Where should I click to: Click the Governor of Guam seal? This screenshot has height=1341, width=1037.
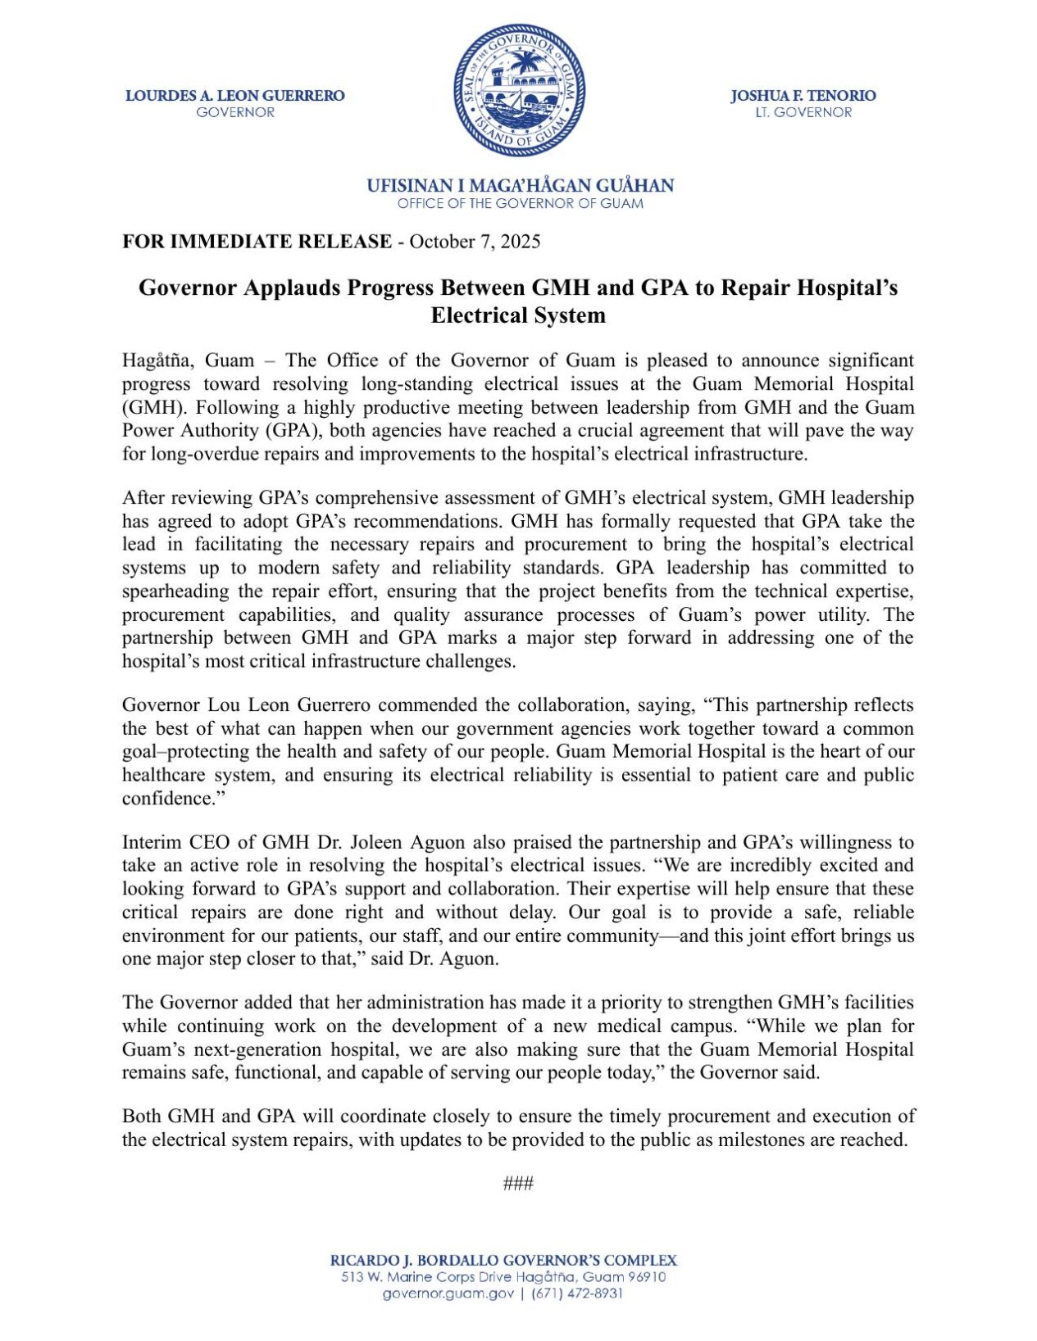[x=518, y=90]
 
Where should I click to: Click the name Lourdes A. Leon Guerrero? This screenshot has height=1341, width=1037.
[x=235, y=96]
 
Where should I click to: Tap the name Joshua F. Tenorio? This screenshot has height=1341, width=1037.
[x=803, y=96]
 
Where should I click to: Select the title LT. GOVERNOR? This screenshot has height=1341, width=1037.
[x=803, y=112]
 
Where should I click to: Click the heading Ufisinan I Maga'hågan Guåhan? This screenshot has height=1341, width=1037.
[x=520, y=186]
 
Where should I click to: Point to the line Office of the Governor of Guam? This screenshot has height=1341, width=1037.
[x=520, y=203]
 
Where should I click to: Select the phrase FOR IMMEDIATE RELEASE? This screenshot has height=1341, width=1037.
[x=257, y=242]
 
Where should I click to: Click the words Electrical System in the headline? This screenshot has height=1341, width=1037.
[x=518, y=315]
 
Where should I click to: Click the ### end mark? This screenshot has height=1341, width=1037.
[x=518, y=1184]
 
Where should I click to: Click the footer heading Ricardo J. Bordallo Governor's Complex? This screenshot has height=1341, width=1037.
[x=503, y=1261]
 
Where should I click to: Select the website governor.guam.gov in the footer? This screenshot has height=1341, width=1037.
[x=448, y=1293]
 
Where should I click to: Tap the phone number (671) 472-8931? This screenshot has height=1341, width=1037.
[x=577, y=1293]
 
